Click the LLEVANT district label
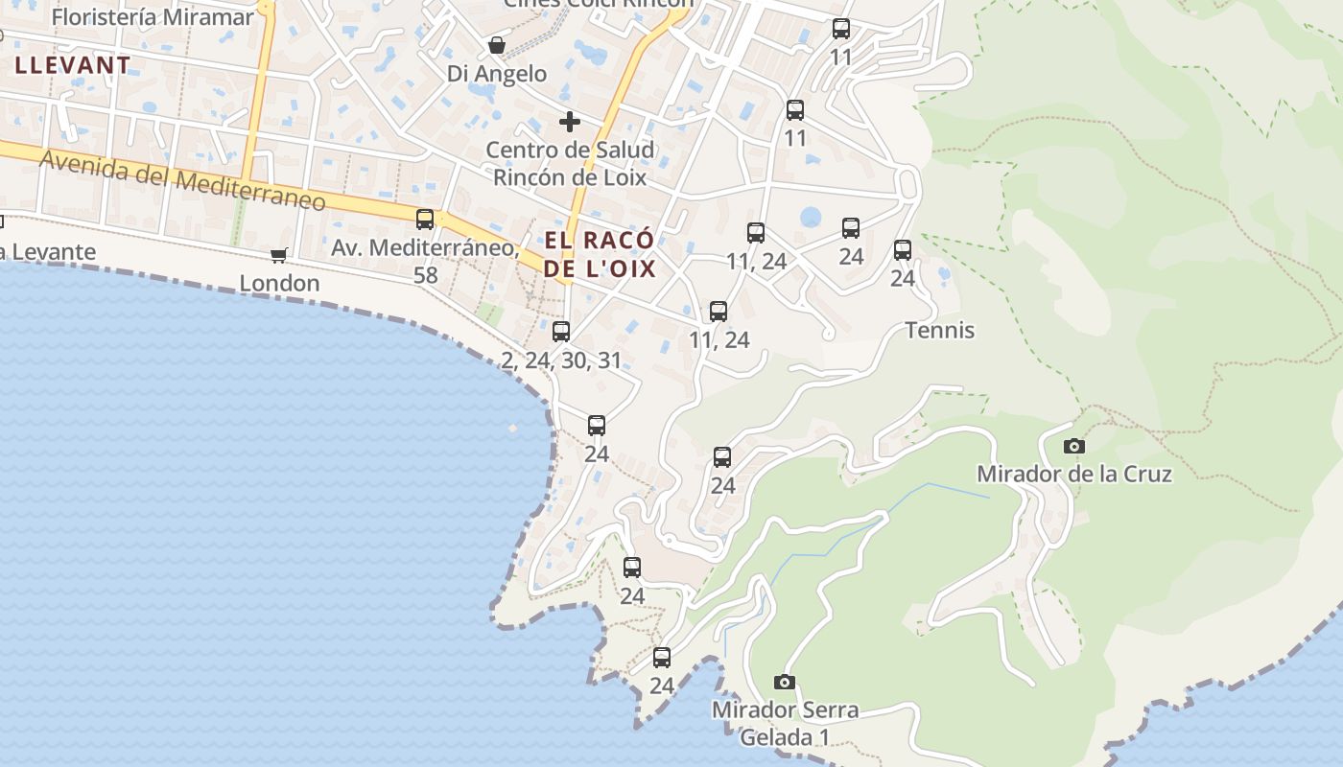(x=72, y=65)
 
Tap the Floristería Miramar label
(x=153, y=17)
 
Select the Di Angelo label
(x=497, y=74)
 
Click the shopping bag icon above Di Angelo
(x=497, y=45)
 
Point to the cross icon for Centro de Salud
(x=570, y=122)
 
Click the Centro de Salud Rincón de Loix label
(x=570, y=163)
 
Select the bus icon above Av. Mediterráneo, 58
(x=425, y=220)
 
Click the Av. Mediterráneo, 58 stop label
(x=425, y=261)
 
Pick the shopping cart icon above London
(x=279, y=255)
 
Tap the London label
(x=279, y=283)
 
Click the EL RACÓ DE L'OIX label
(x=600, y=254)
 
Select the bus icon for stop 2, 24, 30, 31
(x=561, y=332)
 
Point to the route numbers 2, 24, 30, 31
(x=561, y=360)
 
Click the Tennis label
(x=939, y=331)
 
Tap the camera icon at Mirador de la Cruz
(x=1074, y=446)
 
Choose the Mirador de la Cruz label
(x=1074, y=474)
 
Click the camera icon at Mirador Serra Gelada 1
(x=785, y=682)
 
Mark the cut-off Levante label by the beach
(x=48, y=252)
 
